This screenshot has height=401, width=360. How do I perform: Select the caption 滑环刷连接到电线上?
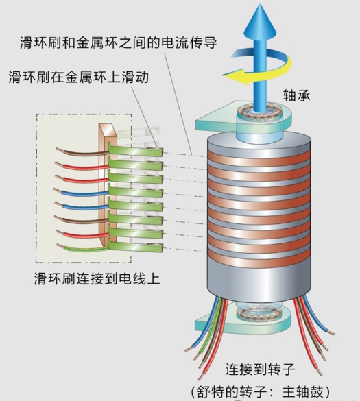click(97, 279)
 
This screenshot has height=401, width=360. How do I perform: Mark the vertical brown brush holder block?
click(105, 185)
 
